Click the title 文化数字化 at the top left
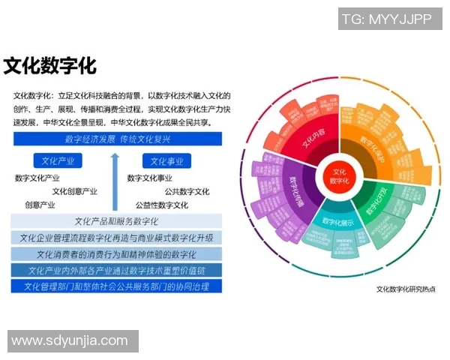[50, 65]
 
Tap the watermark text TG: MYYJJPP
[386, 19]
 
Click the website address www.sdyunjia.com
[70, 340]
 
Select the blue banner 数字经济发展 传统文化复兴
[118, 139]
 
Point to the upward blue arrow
[114, 181]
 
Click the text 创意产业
[40, 205]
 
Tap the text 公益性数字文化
[162, 205]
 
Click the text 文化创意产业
[74, 191]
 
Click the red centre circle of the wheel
[339, 177]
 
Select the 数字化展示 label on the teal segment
[337, 222]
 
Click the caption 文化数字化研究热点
[404, 289]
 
